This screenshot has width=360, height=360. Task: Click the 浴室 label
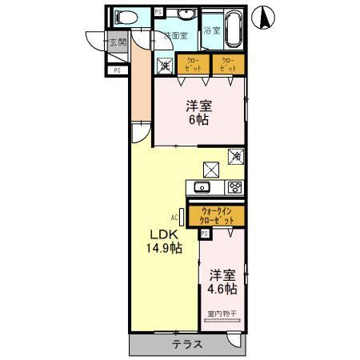click(x=211, y=30)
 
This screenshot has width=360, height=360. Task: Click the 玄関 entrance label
click(x=118, y=42)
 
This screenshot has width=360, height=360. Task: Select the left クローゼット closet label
click(x=194, y=65)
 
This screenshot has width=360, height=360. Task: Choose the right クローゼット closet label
click(x=227, y=65)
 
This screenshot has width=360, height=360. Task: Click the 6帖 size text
click(x=197, y=119)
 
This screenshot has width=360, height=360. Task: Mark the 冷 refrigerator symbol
click(x=236, y=157)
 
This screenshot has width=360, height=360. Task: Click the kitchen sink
click(x=202, y=188)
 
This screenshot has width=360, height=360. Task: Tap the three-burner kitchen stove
click(x=235, y=188)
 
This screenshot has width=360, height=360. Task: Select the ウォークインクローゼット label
click(x=217, y=214)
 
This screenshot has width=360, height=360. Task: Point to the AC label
click(x=174, y=217)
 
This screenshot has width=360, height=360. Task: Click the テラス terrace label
click(x=186, y=345)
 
